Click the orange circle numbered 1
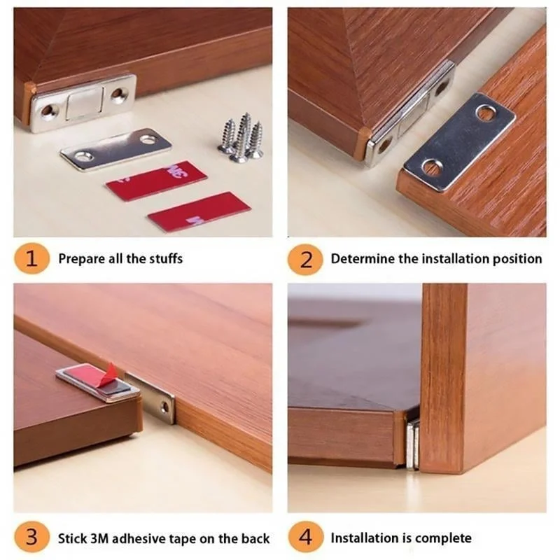(x=31, y=259)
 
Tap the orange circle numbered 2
(x=305, y=259)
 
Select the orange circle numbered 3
(x=31, y=538)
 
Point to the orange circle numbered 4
(x=305, y=538)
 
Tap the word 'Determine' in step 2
(x=363, y=259)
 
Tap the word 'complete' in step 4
(x=443, y=538)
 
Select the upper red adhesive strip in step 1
(x=156, y=181)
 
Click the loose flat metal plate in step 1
(x=115, y=148)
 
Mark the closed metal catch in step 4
(x=412, y=444)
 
